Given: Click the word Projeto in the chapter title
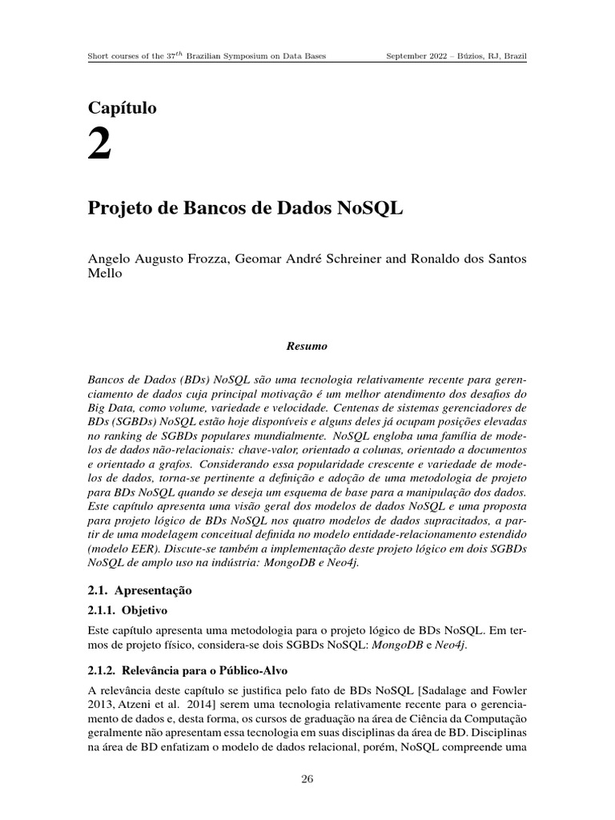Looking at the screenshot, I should pos(118,209).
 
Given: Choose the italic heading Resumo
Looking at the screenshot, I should pos(307,347).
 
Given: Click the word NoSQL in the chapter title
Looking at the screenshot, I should pos(372,209).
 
